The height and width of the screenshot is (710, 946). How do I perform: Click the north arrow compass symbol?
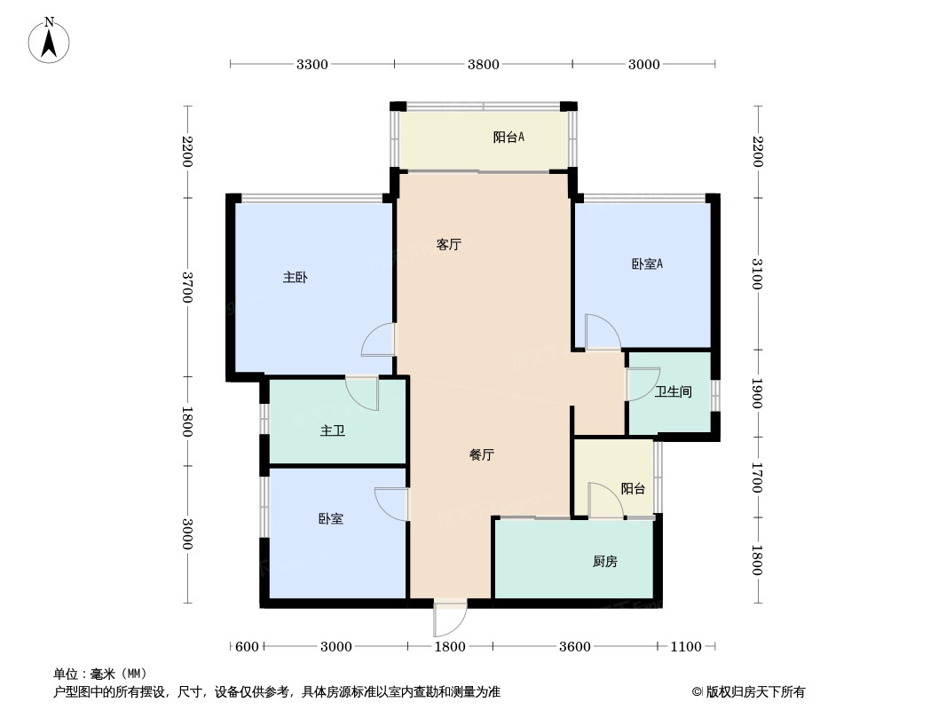coord(49,41)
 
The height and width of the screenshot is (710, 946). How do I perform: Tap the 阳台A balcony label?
coord(508,137)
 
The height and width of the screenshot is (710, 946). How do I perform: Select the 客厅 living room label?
coord(449,244)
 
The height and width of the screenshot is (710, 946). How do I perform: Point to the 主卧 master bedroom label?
coord(296,278)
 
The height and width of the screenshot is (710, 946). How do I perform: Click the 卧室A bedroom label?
coord(647,264)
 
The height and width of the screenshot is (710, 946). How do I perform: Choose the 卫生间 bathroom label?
coord(674,392)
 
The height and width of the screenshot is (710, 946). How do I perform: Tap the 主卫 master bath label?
coord(333,430)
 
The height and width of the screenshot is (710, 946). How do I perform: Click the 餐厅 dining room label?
coord(482,454)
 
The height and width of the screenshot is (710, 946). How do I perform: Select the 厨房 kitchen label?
coord(604,562)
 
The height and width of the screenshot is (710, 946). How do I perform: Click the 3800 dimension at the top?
coord(484,65)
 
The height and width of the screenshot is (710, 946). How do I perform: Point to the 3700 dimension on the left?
coord(187,288)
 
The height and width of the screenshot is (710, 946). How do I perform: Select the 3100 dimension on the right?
coord(758,273)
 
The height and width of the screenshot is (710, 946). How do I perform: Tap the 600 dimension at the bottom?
coord(247,647)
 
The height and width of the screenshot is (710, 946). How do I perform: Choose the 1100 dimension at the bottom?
coord(686,647)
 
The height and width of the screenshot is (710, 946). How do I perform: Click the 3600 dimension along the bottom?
coord(574,647)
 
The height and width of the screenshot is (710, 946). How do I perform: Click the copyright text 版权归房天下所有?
coord(755,692)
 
